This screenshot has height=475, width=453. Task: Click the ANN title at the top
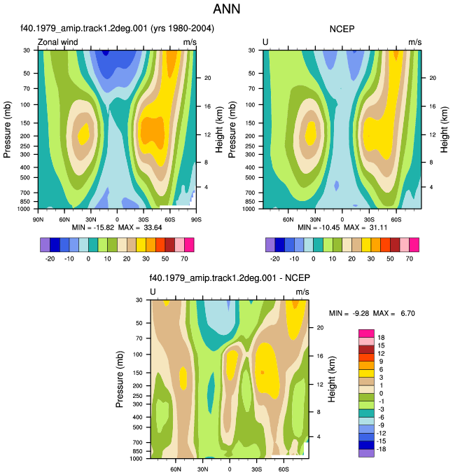pos(227,9)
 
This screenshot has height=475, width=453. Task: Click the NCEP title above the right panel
pos(342,29)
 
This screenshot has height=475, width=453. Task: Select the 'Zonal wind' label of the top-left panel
pos(57,42)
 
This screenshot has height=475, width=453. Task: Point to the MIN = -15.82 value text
pos(93,227)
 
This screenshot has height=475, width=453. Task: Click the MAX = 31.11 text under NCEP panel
pos(365,227)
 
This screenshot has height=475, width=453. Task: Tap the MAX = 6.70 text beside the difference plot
pos(394,313)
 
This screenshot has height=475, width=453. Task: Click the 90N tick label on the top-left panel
pos(38,219)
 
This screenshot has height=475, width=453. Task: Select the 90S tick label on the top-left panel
pos(196,219)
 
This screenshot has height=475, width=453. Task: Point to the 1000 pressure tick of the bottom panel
pos(136,459)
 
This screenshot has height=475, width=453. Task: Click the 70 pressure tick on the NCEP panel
pos(251,88)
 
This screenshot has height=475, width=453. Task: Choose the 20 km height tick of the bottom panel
pos(320,327)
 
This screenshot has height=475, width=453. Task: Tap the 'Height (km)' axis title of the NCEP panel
pos(444,130)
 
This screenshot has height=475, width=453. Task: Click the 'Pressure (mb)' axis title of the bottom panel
pos(120,379)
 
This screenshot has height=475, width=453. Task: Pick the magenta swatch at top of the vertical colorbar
pos(366,333)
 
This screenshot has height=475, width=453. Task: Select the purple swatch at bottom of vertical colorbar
pos(366,453)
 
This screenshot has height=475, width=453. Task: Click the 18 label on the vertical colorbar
pos(381,338)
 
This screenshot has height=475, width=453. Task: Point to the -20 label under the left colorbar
pos(50,259)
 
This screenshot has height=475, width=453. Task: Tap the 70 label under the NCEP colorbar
pos(410,259)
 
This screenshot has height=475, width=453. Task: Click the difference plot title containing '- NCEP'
pos(230,278)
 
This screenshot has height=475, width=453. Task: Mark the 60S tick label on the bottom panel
pos(284,469)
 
